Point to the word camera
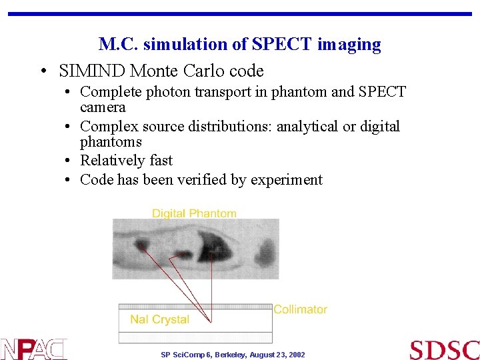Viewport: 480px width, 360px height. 103,107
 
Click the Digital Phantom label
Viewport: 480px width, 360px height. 194,213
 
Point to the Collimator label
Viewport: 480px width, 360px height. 301,309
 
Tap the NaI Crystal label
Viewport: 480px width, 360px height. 159,319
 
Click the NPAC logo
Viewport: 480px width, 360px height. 34,349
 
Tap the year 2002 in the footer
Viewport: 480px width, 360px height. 297,355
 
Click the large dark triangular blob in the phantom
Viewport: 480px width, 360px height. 214,250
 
